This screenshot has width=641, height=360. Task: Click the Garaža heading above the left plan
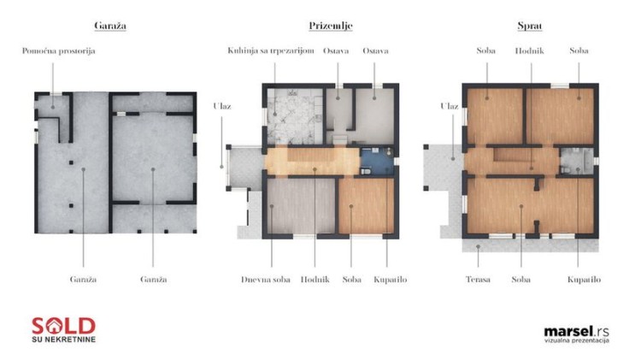(x=110, y=26)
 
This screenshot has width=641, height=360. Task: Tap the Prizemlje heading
(x=330, y=27)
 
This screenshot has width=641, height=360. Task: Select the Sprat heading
(x=530, y=27)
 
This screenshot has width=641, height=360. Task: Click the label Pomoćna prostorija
(x=58, y=51)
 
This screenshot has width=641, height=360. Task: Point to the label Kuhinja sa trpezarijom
(x=271, y=50)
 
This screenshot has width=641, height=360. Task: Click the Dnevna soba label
(x=265, y=280)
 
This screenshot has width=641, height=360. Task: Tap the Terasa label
(x=478, y=280)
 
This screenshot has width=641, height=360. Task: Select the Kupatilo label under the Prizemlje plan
(x=390, y=280)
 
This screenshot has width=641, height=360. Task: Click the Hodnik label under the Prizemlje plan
(x=315, y=280)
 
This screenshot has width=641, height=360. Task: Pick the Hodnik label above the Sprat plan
(x=529, y=50)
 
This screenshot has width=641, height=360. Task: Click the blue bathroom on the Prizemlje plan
(x=377, y=161)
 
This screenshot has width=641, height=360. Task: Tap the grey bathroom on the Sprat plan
(x=576, y=161)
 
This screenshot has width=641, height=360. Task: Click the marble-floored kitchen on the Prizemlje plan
(x=295, y=116)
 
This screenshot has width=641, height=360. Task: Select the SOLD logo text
(x=63, y=326)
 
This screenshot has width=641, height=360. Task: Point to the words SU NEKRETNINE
(x=63, y=339)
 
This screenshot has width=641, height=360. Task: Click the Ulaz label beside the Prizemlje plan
(x=222, y=106)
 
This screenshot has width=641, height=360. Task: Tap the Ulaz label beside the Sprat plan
(x=450, y=106)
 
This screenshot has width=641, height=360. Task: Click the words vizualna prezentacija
(x=576, y=340)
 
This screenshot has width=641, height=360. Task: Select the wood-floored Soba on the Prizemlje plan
(x=367, y=206)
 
